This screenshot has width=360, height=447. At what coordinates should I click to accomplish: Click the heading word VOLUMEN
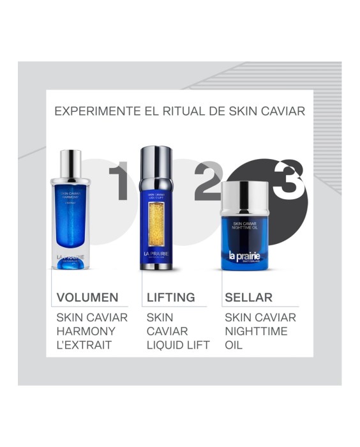[x=87, y=297]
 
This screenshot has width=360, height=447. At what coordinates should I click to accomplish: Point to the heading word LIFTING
[x=170, y=297]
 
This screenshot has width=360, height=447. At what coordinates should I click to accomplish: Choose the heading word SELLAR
[x=248, y=297]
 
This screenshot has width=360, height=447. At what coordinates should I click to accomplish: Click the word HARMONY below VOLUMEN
[x=86, y=331]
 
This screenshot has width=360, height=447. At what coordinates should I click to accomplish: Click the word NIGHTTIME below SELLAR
[x=256, y=331]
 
